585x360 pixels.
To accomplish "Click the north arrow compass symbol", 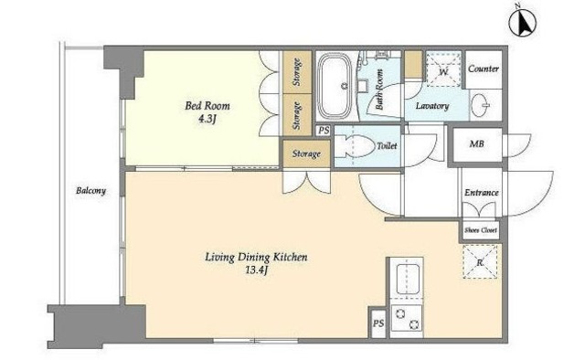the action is click(x=523, y=22).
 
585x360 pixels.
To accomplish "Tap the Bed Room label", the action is click(x=207, y=106).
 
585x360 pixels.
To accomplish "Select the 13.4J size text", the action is click(x=257, y=270).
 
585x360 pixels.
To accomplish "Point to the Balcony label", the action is click(x=91, y=191).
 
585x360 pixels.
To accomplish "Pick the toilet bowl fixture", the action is click(x=355, y=146).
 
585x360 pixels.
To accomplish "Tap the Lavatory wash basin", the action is click(x=481, y=105).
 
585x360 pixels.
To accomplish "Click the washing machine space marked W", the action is click(x=443, y=69).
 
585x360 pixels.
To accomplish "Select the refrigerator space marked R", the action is click(x=480, y=261).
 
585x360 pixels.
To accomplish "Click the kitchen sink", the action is click(x=407, y=279).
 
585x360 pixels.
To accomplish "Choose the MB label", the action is click(x=477, y=143).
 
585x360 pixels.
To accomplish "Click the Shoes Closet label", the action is click(x=481, y=230).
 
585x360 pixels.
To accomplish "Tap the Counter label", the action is click(x=484, y=69).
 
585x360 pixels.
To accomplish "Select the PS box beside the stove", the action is click(x=378, y=323).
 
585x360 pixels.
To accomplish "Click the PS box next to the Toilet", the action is click(x=324, y=131).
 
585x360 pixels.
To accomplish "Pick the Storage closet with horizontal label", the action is click(x=306, y=154).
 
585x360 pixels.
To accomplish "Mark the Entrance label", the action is click(x=482, y=193).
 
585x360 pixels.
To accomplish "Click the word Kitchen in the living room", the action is click(x=291, y=257).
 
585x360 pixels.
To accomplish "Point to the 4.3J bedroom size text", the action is click(x=207, y=120).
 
